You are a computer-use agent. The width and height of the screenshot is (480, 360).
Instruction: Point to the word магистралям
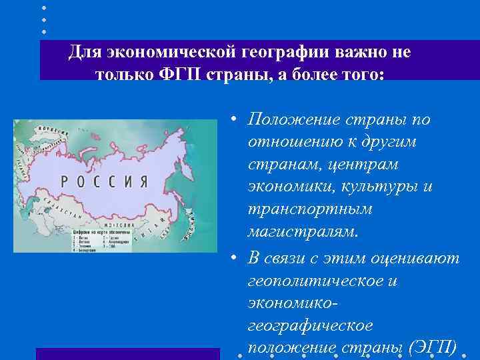click(303, 232)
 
